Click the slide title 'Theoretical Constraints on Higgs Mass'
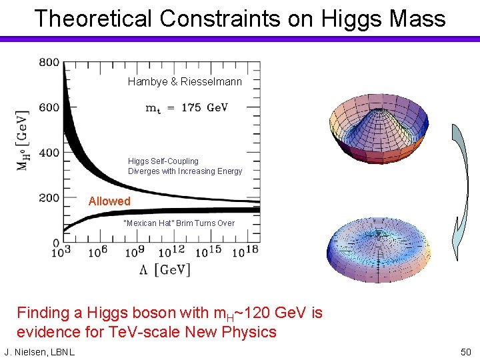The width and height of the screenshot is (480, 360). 240,18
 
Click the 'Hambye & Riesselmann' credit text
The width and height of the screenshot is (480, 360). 185,82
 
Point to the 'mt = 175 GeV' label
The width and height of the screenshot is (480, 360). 187,108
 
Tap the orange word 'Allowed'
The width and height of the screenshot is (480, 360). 109,201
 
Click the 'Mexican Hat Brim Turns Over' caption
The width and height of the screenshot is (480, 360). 179,223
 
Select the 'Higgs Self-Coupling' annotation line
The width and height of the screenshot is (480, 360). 163,161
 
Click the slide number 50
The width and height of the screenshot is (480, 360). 465,351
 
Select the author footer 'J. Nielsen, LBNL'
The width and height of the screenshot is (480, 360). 39,351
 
